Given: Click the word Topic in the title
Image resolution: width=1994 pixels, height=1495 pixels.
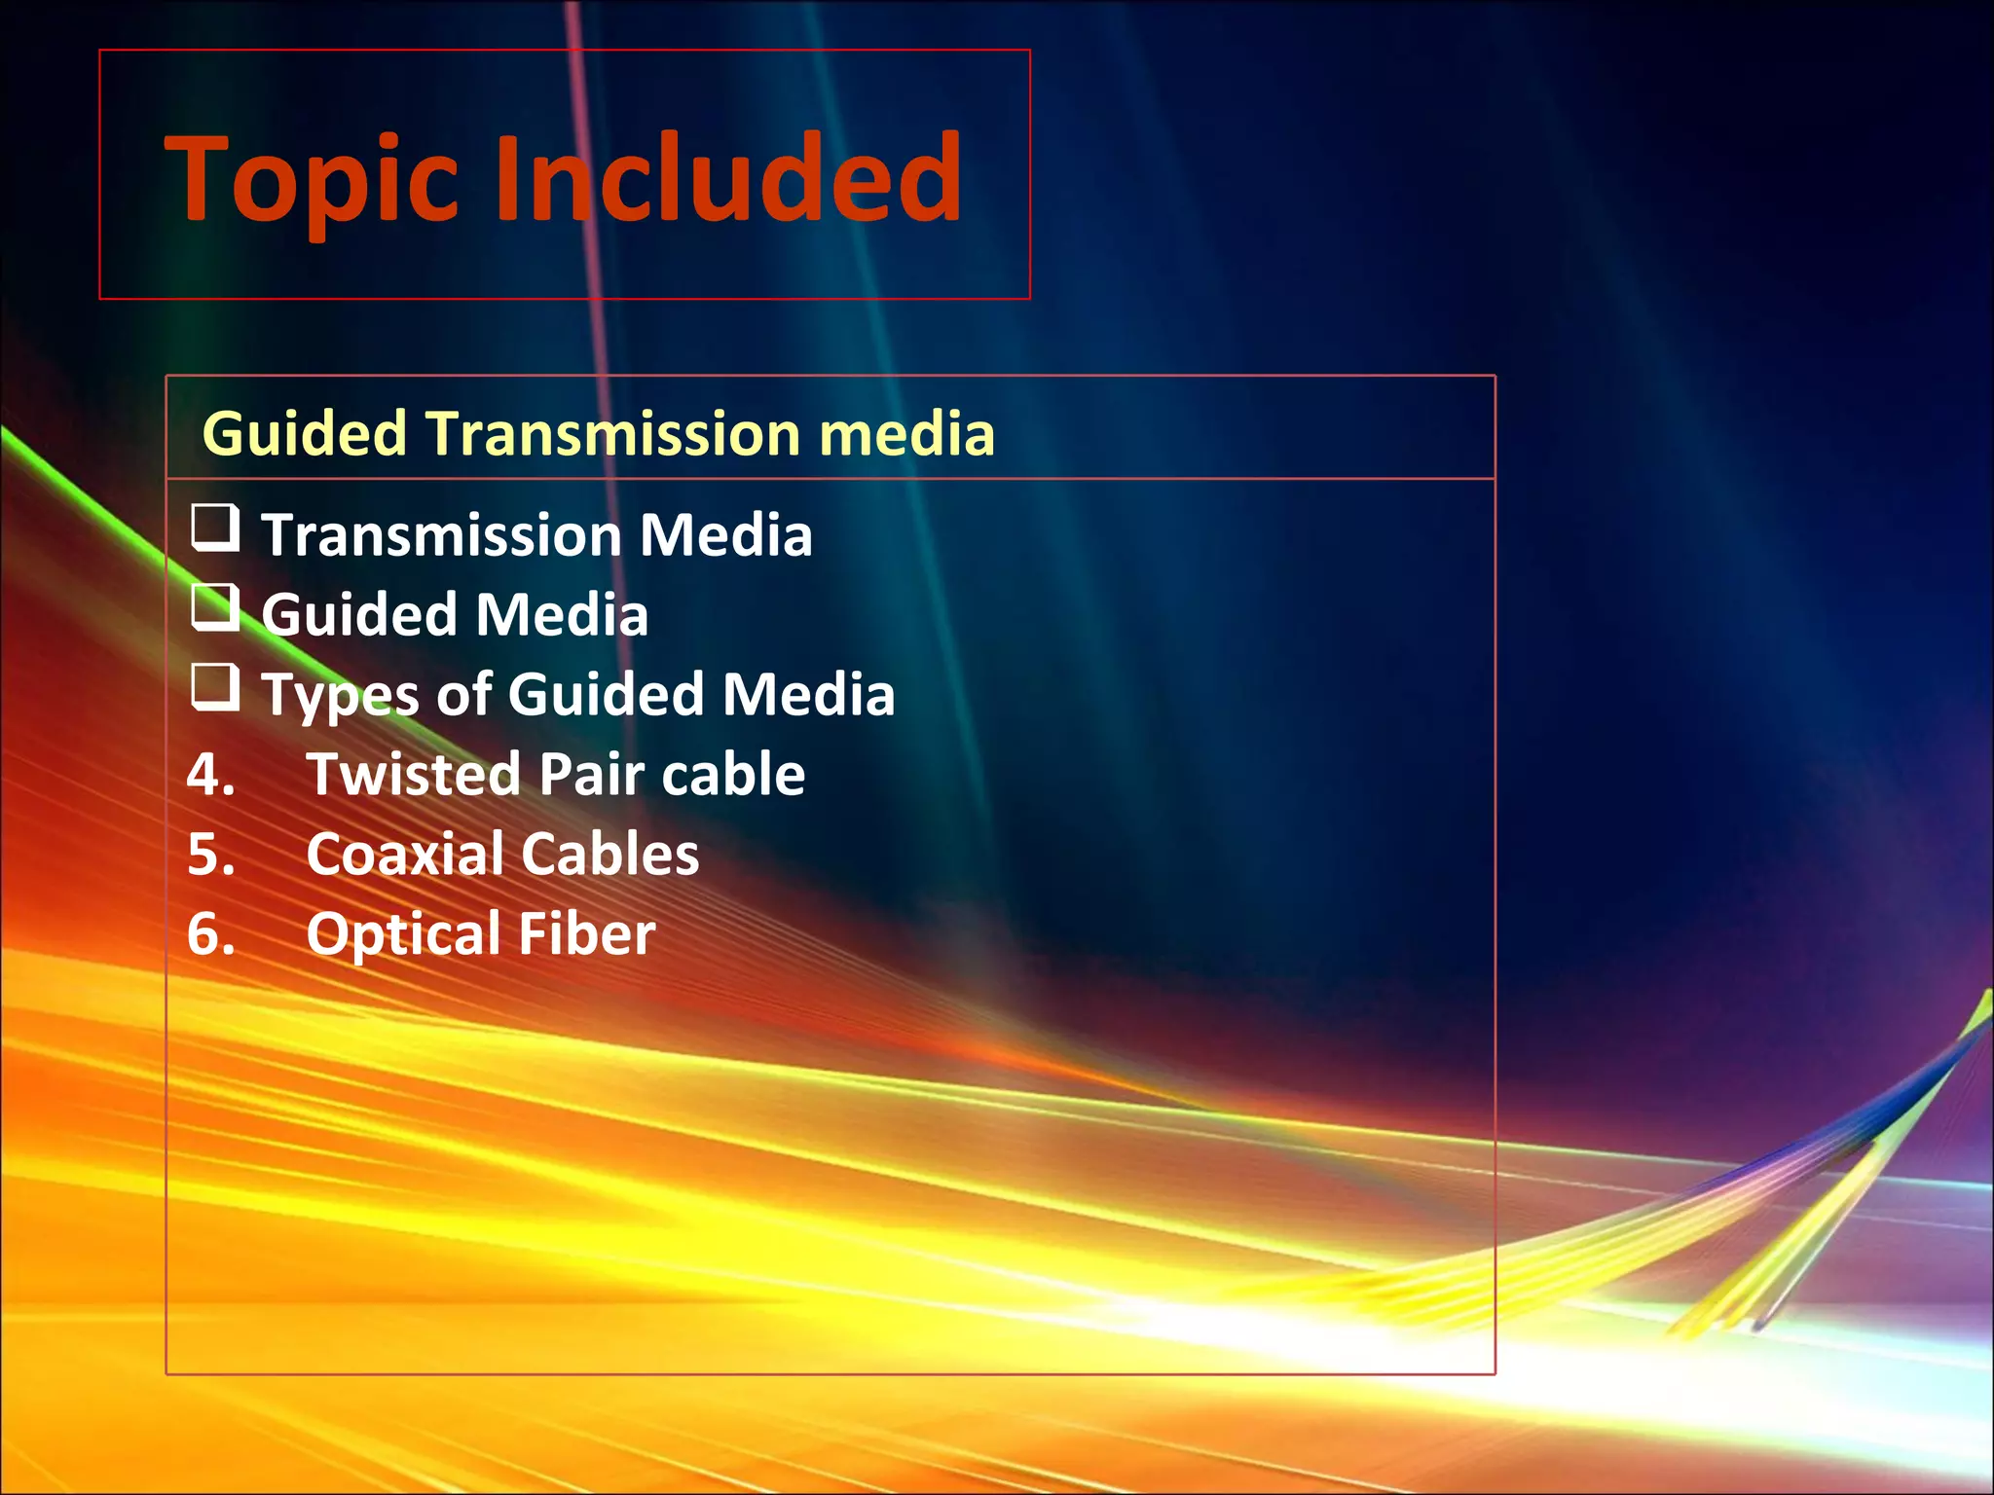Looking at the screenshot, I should (x=312, y=180).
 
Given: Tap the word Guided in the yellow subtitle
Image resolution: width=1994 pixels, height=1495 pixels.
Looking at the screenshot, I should (x=304, y=433).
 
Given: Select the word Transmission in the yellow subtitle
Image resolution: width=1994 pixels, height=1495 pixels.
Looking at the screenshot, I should (x=612, y=433).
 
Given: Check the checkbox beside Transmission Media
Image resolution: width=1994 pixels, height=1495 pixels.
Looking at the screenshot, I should (x=215, y=528).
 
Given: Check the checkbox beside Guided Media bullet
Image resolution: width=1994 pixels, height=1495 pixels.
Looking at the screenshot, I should (x=215, y=607).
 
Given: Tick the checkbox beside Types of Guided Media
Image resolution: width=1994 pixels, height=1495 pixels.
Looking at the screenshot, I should (x=215, y=687).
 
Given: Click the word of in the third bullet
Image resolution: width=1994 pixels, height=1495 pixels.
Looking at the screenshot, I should (x=462, y=695).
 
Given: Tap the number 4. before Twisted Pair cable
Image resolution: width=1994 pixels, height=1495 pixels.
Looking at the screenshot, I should (x=211, y=775).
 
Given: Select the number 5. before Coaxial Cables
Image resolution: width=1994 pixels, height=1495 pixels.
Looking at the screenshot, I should (x=211, y=855).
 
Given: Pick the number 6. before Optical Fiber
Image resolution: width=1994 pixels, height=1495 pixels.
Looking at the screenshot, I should (x=211, y=934).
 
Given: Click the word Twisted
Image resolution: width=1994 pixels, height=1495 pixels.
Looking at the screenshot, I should (x=414, y=775).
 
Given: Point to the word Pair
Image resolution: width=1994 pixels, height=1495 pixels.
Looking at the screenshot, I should (x=591, y=775).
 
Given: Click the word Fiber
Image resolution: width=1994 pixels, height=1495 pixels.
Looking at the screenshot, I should (x=586, y=934).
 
